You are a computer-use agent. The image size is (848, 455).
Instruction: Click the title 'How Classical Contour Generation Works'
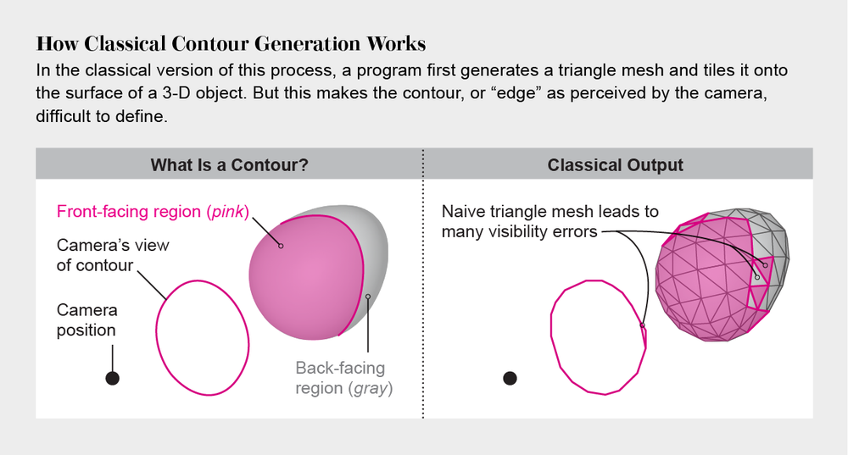pyautogui.click(x=231, y=43)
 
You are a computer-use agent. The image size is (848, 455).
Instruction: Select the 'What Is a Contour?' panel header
pyautogui.click(x=229, y=164)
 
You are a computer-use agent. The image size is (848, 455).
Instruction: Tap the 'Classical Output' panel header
pyautogui.click(x=616, y=164)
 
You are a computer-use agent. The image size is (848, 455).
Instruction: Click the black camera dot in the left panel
pyautogui.click(x=112, y=379)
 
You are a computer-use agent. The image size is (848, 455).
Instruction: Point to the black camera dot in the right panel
pyautogui.click(x=510, y=379)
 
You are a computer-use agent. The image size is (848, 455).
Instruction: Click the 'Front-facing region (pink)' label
pyautogui.click(x=153, y=211)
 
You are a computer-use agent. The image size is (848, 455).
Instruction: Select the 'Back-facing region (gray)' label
pyautogui.click(x=340, y=379)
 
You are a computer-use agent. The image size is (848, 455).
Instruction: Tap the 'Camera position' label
pyautogui.click(x=86, y=320)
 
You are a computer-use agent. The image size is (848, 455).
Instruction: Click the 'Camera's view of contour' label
pyautogui.click(x=113, y=255)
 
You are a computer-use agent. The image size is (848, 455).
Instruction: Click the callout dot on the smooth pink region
pyautogui.click(x=281, y=246)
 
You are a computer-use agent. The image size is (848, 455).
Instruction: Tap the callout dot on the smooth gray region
pyautogui.click(x=368, y=297)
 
